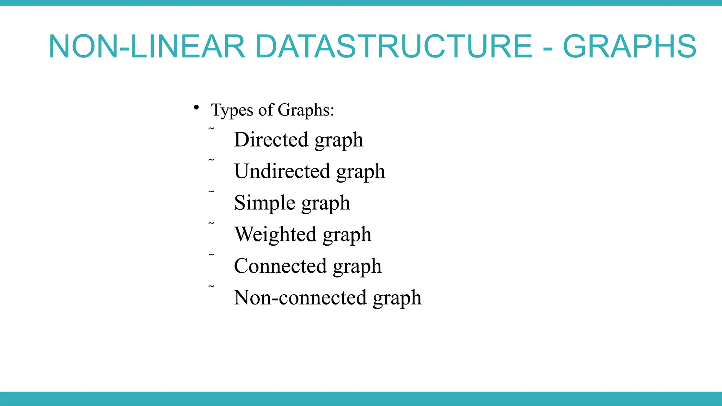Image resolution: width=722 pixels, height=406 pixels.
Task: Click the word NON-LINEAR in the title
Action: coord(147,47)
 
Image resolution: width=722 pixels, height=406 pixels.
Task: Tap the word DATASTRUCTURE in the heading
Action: coord(393,47)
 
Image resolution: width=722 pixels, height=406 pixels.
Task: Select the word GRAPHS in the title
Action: coord(630,47)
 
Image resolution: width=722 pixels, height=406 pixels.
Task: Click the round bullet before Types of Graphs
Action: coord(196,107)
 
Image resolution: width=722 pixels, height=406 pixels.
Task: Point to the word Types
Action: coord(232,110)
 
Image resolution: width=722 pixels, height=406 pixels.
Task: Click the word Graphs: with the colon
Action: coord(306,110)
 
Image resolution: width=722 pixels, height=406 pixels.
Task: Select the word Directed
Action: coord(271,140)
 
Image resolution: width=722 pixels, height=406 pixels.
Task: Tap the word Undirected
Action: coord(282,171)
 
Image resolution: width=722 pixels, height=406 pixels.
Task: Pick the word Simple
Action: coord(265,203)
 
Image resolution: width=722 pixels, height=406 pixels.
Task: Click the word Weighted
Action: coord(275,234)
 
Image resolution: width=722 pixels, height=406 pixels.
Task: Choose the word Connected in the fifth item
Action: coord(280,266)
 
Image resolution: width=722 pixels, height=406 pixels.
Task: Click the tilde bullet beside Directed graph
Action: coord(211,129)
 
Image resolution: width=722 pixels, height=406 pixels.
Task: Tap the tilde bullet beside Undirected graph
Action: coord(211,160)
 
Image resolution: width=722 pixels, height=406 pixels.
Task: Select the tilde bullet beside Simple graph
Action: coord(211,192)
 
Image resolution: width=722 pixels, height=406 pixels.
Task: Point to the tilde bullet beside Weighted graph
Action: coord(211,223)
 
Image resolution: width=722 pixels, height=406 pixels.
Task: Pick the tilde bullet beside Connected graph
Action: coord(211,255)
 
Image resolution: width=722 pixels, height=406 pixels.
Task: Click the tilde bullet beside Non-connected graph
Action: coord(211,287)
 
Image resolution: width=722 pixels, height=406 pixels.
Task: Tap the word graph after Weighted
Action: coord(347,235)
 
